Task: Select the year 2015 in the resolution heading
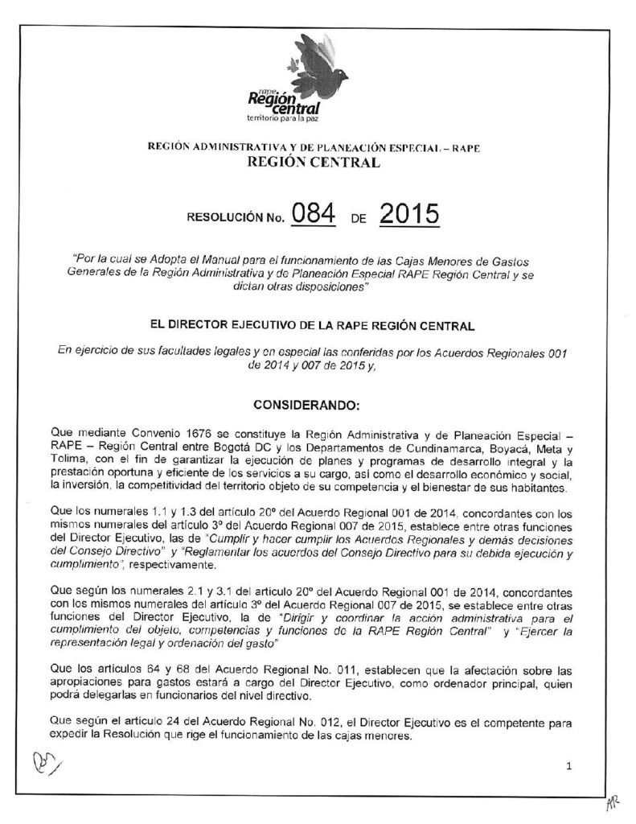click(x=408, y=215)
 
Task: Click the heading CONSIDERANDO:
click(x=318, y=402)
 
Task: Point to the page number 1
click(x=568, y=767)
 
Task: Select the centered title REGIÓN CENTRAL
click(x=318, y=164)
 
